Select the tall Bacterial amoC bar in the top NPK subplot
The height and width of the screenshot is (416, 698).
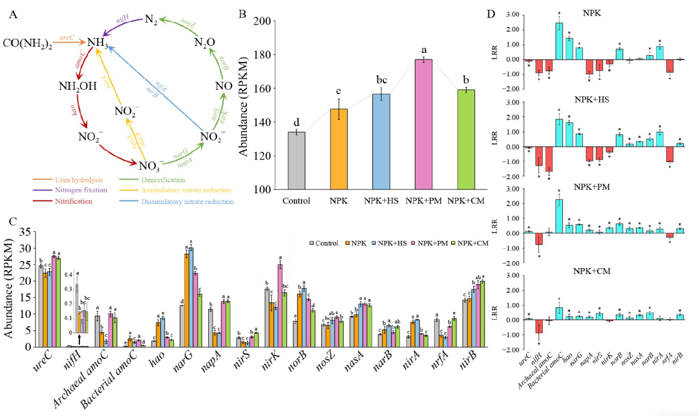(x=559, y=41)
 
